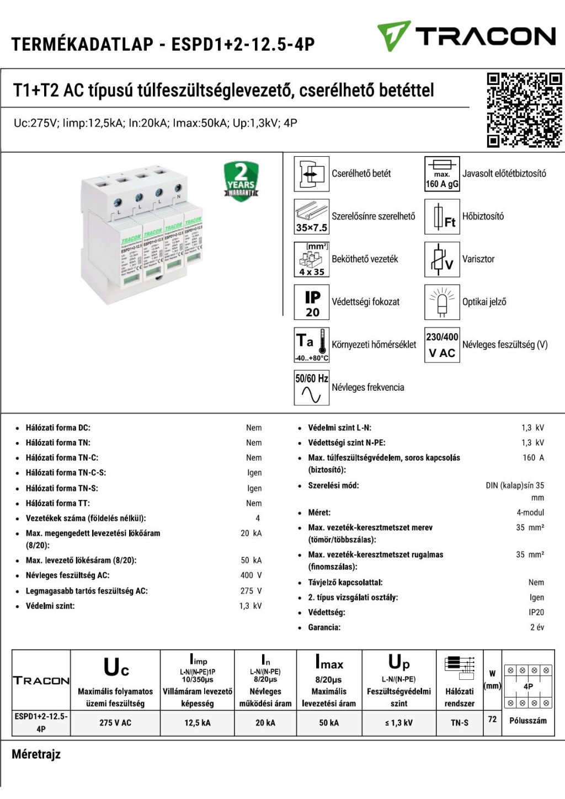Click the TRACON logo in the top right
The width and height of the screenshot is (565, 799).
click(x=466, y=36)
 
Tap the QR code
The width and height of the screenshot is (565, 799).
click(x=524, y=110)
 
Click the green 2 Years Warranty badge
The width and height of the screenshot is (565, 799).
click(x=241, y=181)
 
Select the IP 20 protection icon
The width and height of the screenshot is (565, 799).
click(x=312, y=302)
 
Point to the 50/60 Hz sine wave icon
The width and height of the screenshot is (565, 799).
click(x=312, y=388)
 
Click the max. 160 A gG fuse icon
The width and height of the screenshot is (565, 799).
click(x=442, y=174)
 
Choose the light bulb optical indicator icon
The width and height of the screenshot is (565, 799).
click(x=442, y=302)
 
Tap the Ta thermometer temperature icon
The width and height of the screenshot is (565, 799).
click(x=312, y=345)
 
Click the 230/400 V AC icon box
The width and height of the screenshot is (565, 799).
click(x=442, y=345)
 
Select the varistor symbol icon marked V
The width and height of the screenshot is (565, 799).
click(x=442, y=259)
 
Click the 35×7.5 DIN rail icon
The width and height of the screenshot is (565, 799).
click(x=312, y=216)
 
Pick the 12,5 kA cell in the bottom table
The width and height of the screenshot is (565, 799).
click(x=197, y=723)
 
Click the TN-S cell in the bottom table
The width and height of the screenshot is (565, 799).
click(x=460, y=723)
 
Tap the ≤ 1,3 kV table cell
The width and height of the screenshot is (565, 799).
click(x=399, y=723)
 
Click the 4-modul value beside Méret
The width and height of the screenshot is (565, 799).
click(x=530, y=513)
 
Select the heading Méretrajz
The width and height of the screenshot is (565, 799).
click(x=36, y=754)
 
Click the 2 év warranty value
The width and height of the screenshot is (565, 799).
click(x=537, y=627)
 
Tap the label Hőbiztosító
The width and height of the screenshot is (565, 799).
click(x=483, y=216)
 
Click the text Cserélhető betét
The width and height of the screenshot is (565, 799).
click(x=361, y=174)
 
